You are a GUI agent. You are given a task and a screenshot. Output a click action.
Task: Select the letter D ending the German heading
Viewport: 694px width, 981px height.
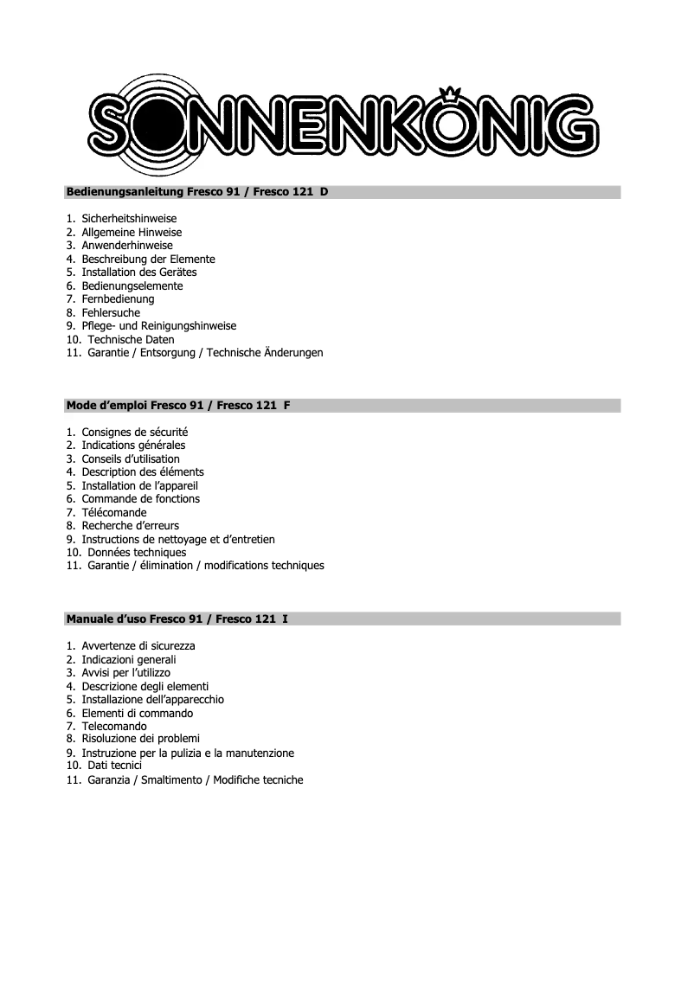tap(324, 192)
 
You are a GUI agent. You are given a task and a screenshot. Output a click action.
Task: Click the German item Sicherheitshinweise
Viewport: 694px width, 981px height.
tap(129, 219)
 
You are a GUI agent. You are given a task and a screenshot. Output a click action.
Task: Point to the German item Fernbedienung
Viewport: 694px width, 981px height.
tap(118, 299)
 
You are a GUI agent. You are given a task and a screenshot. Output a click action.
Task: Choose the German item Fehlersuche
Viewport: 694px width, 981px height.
tap(111, 313)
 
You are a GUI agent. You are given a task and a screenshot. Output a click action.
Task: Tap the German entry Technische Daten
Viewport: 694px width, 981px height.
tap(131, 340)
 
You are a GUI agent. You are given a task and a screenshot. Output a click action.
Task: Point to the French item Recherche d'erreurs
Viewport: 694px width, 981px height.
tap(131, 526)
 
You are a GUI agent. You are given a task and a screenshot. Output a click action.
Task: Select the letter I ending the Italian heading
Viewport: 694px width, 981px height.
tap(286, 619)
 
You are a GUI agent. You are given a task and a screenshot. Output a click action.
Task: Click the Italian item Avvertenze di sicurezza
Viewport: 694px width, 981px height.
tap(138, 646)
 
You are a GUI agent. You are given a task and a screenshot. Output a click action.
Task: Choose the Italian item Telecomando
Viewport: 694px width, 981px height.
tap(114, 727)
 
